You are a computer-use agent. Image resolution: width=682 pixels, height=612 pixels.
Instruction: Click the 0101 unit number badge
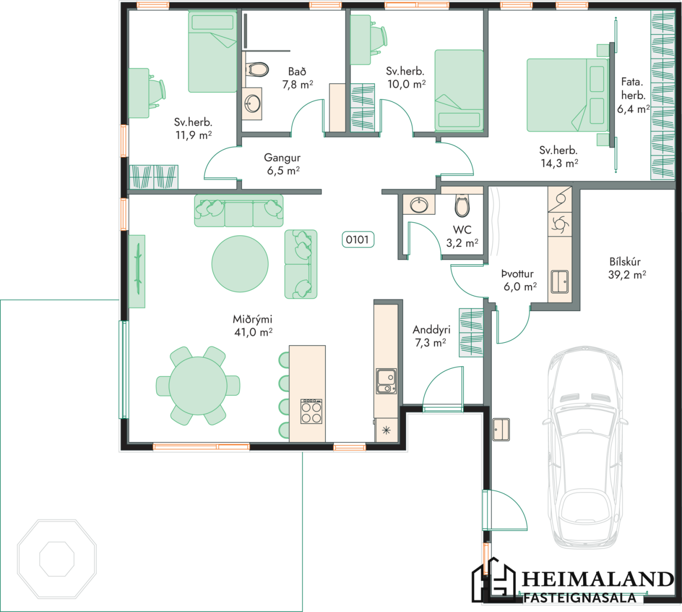(358, 240)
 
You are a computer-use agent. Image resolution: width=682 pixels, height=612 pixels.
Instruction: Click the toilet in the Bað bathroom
(257, 69)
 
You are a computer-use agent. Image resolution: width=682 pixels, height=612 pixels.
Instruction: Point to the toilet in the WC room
(462, 206)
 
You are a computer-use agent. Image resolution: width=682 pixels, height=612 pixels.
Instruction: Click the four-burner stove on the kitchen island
(311, 411)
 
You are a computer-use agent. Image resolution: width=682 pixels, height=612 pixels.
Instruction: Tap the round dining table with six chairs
(198, 386)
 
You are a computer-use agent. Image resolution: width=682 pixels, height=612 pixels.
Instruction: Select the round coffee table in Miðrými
(240, 264)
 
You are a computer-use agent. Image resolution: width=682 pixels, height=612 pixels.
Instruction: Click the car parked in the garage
(585, 447)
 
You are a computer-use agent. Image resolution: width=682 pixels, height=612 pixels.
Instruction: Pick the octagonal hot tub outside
(57, 559)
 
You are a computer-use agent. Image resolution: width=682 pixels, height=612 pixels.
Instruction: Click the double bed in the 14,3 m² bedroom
(567, 95)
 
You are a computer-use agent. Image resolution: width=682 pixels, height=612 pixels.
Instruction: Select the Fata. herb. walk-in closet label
(633, 95)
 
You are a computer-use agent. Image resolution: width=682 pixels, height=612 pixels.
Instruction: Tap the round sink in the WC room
(419, 205)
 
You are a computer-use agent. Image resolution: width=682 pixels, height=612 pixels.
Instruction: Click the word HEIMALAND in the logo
(598, 579)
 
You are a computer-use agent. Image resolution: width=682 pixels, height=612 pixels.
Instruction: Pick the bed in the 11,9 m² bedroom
(213, 52)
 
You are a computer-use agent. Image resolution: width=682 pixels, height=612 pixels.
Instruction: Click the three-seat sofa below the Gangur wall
(239, 211)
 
